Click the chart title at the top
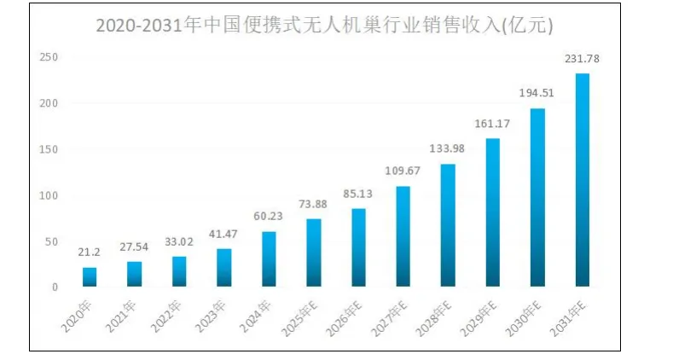(x=324, y=26)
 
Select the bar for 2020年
(x=90, y=277)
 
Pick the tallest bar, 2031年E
(x=583, y=180)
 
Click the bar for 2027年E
(x=403, y=236)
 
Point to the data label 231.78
(x=583, y=59)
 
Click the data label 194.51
(x=537, y=93)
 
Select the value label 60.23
(x=269, y=217)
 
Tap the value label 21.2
(x=90, y=253)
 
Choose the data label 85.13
(x=358, y=194)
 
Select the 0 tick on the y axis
(x=54, y=287)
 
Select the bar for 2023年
(x=224, y=268)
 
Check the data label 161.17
(x=493, y=124)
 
